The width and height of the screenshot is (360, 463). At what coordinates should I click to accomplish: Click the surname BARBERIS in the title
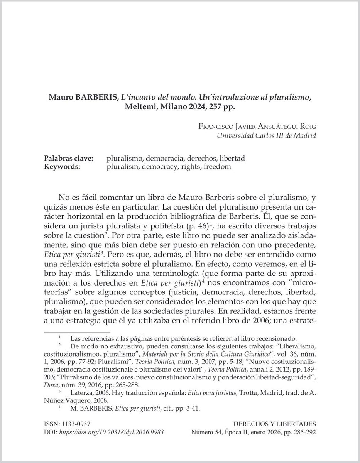coord(96,98)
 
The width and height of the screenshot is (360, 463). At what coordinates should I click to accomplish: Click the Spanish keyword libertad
coord(231,159)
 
